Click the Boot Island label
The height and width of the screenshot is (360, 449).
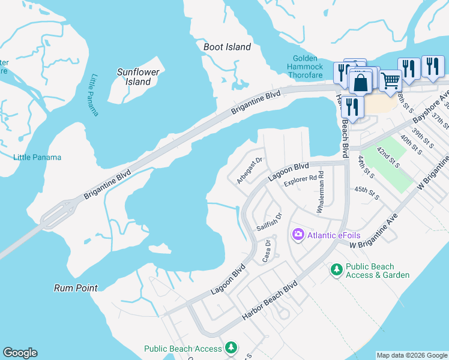point(227,47)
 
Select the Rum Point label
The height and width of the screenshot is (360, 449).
point(76,288)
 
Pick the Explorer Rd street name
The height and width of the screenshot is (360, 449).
point(300,179)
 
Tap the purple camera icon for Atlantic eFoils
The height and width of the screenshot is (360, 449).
point(297,234)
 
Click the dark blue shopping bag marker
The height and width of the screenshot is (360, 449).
point(360,83)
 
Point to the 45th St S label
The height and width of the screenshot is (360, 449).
point(367,193)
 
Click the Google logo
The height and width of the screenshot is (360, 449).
point(20,353)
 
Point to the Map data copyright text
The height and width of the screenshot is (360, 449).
point(411,355)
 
